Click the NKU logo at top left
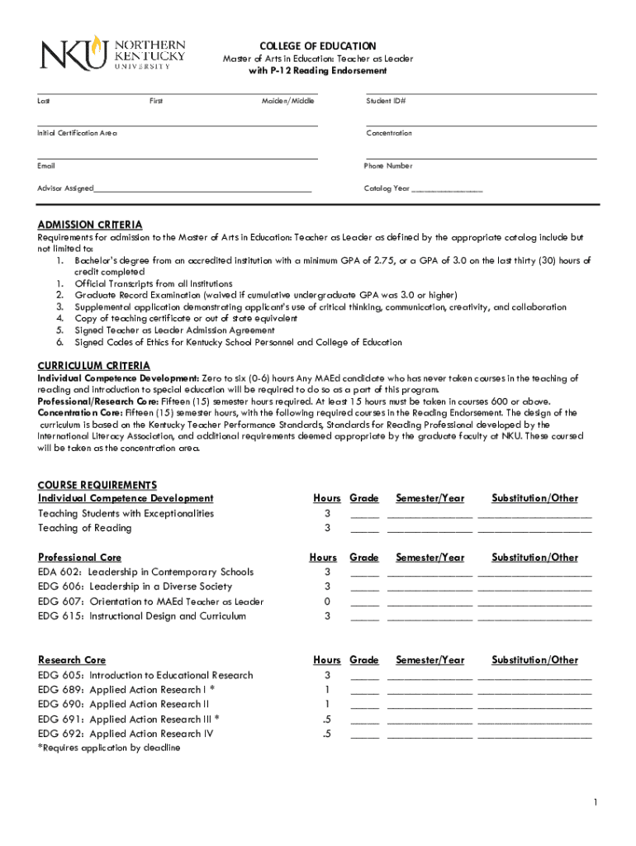[113, 54]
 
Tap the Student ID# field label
[386, 101]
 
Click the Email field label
[47, 166]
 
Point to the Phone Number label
[388, 166]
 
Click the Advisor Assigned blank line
[202, 189]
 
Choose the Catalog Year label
[387, 188]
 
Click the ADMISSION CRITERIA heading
[90, 225]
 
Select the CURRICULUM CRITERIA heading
[94, 365]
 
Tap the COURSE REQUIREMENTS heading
[97, 485]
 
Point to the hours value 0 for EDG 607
[327, 601]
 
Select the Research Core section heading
[72, 660]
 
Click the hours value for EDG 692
[327, 734]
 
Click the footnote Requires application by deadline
[109, 748]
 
